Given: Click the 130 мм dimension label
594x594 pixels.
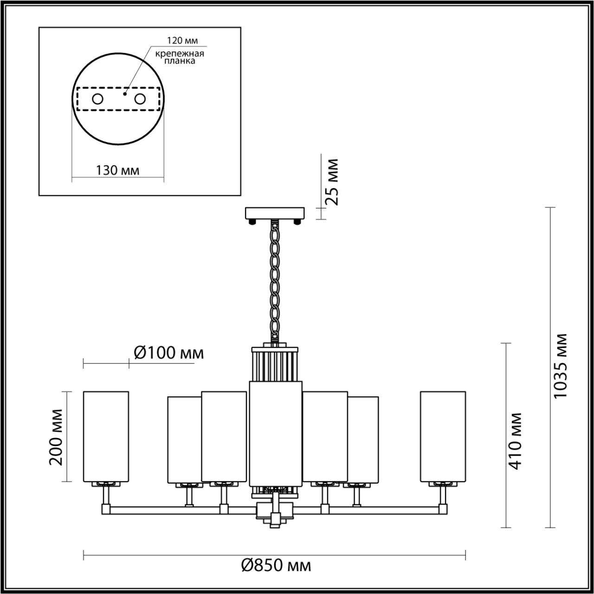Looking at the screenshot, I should [x=118, y=170].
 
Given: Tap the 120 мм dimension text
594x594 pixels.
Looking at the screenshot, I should [x=180, y=41].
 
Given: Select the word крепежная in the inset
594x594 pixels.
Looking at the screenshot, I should [x=180, y=53].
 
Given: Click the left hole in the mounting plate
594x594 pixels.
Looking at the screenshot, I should [x=97, y=99].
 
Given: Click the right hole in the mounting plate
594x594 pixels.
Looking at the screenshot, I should [x=140, y=99].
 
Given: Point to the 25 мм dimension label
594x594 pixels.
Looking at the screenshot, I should [x=331, y=182].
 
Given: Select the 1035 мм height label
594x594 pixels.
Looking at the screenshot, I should [x=561, y=366].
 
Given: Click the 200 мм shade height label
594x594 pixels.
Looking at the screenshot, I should [x=57, y=437].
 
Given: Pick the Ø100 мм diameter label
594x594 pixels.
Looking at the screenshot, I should [x=168, y=353].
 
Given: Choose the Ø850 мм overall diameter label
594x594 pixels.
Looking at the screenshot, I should [x=276, y=565].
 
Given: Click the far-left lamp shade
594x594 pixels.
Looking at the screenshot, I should [x=106, y=436].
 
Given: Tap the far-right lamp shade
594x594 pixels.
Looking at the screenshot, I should [x=443, y=436].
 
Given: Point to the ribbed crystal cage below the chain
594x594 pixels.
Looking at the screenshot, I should [x=275, y=363].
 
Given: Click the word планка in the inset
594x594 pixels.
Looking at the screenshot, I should [x=180, y=61].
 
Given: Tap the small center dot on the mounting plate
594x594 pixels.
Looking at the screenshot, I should [x=124, y=93].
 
